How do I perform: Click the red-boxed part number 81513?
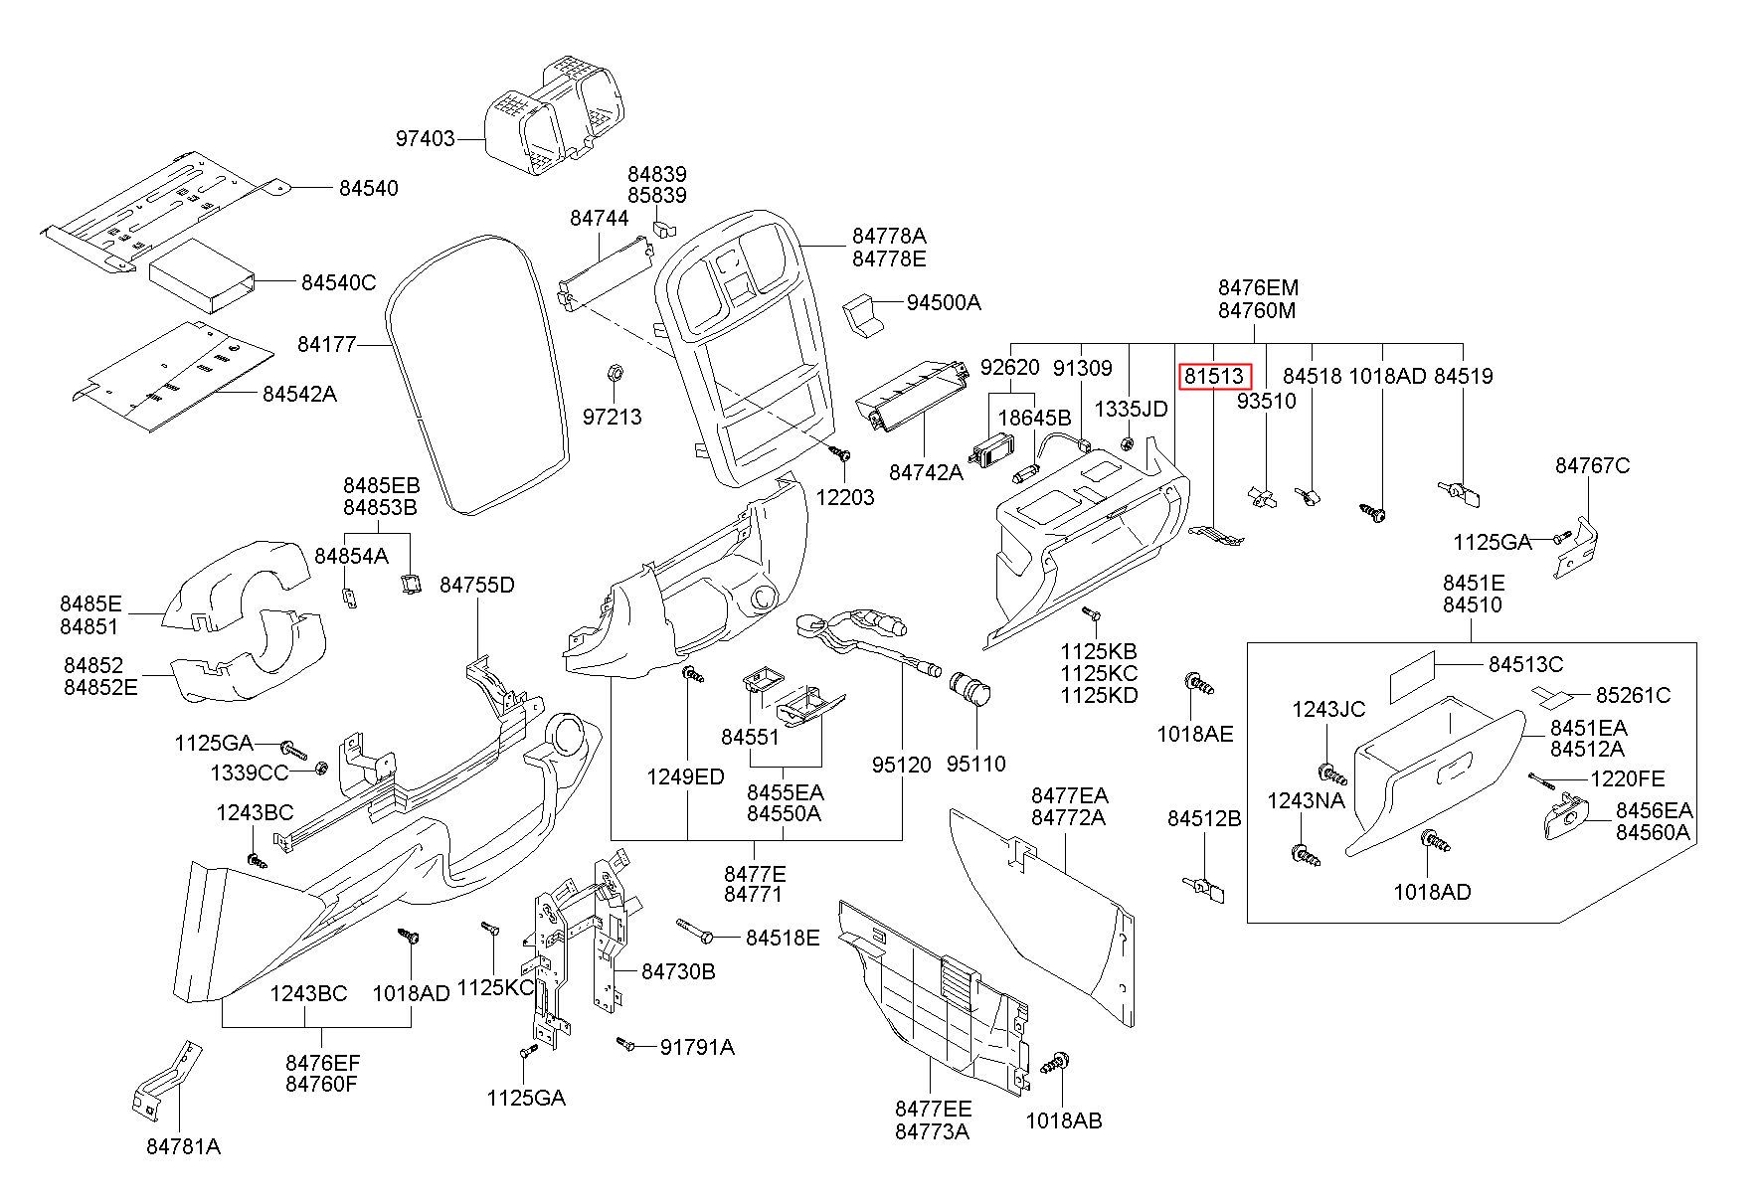pos(1213,377)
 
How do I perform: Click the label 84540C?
pos(338,282)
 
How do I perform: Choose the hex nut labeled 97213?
pos(614,373)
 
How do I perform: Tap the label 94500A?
pos(943,301)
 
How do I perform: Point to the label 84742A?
pos(926,471)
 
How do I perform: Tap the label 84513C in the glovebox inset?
pos(1525,664)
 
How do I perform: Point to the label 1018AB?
pos(1064,1120)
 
